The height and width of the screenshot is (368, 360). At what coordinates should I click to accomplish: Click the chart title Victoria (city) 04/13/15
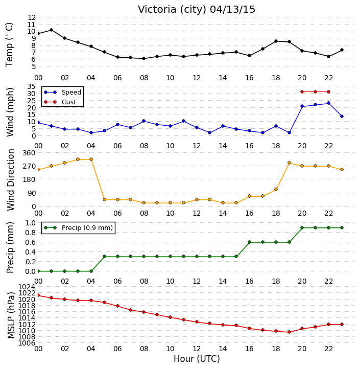(196, 9)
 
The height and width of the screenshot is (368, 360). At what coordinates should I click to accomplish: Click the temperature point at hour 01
(52, 30)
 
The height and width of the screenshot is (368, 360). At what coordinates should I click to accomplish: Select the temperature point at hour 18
(276, 41)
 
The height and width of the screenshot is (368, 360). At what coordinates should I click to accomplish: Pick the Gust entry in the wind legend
(60, 102)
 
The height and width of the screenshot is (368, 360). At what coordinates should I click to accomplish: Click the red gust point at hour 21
(315, 92)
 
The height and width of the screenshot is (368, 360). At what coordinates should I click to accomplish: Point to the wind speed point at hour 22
(328, 103)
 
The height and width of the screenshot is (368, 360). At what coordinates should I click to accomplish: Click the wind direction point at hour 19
(289, 163)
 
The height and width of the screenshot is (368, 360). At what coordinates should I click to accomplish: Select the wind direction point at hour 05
(104, 199)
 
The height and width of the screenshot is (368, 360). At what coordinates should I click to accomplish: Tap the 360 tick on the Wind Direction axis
(30, 153)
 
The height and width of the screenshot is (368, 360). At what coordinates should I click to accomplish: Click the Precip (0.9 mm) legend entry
(78, 227)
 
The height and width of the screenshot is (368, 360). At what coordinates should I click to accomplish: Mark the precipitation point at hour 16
(249, 242)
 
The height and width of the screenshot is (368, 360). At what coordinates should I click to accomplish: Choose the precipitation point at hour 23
(342, 227)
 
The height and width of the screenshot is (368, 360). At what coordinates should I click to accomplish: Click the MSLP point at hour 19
(289, 332)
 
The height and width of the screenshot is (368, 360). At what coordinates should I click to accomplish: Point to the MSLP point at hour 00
(38, 295)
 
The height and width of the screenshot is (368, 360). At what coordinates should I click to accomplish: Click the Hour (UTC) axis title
(197, 359)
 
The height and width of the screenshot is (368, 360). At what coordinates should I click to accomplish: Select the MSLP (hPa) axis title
(11, 315)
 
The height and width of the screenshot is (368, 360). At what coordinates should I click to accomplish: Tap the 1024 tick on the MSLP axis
(27, 287)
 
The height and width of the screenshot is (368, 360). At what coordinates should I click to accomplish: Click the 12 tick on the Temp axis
(32, 17)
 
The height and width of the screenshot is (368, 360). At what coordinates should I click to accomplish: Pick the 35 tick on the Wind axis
(32, 86)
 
